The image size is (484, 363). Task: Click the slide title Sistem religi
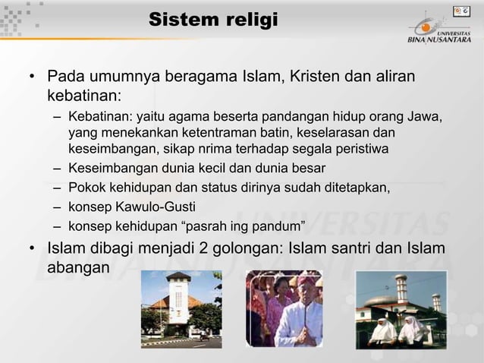213,20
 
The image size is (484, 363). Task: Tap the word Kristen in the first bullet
311,77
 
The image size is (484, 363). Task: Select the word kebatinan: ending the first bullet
84,96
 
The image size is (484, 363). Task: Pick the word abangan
78,268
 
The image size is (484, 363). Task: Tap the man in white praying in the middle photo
297,318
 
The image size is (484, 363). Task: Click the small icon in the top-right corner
460,11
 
